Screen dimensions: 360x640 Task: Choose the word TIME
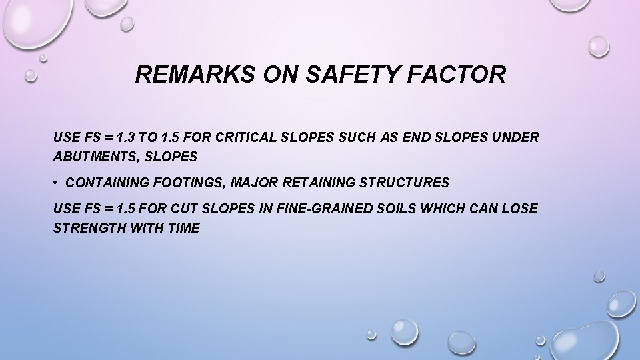coord(183,227)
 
